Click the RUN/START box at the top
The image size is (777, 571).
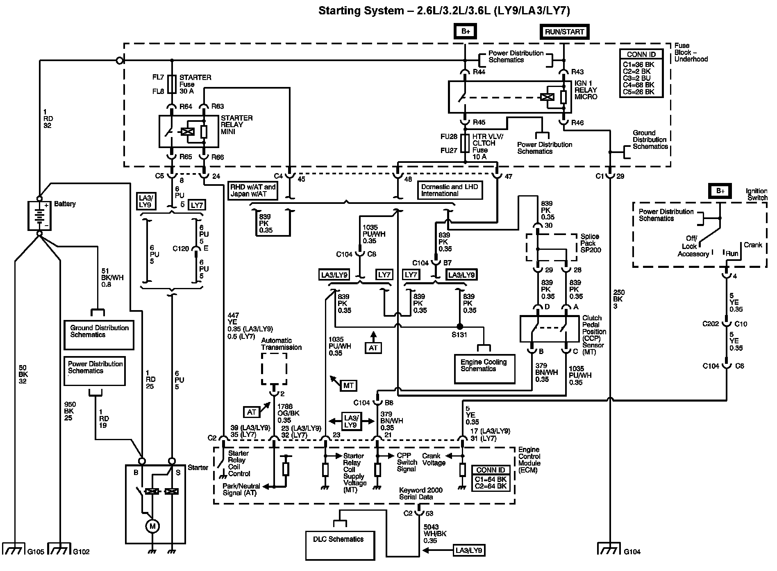pyautogui.click(x=564, y=32)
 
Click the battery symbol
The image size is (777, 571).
pyautogui.click(x=39, y=215)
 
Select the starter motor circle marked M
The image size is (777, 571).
pyautogui.click(x=152, y=526)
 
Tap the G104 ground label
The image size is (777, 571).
pyautogui.click(x=632, y=552)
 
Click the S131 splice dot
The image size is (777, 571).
pyautogui.click(x=460, y=327)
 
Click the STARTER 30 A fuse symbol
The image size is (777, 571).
pyautogui.click(x=173, y=84)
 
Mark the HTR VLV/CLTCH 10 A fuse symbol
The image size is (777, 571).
pyautogui.click(x=465, y=143)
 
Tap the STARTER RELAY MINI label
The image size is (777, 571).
pyautogui.click(x=236, y=125)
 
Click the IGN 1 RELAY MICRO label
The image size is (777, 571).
pyautogui.click(x=586, y=90)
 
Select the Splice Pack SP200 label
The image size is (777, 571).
pyautogui.click(x=591, y=243)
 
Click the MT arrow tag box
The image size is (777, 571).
pyautogui.click(x=348, y=386)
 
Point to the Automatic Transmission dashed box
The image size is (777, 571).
pyautogui.click(x=274, y=369)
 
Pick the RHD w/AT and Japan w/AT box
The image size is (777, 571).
pyautogui.click(x=252, y=190)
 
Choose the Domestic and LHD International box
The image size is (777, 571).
pyautogui.click(x=450, y=190)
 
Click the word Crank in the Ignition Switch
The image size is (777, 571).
pyautogui.click(x=753, y=245)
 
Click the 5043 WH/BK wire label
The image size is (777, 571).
pyautogui.click(x=435, y=534)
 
